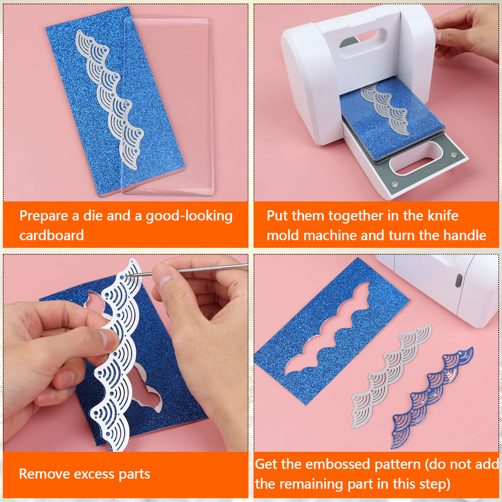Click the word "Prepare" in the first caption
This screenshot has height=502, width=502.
pos(44,216)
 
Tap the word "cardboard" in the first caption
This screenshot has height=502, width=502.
pos(52,235)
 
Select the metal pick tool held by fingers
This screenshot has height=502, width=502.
pos(188,270)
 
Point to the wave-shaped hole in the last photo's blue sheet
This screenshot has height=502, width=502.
pos(328,329)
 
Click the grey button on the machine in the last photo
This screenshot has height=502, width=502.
pos(459,280)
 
